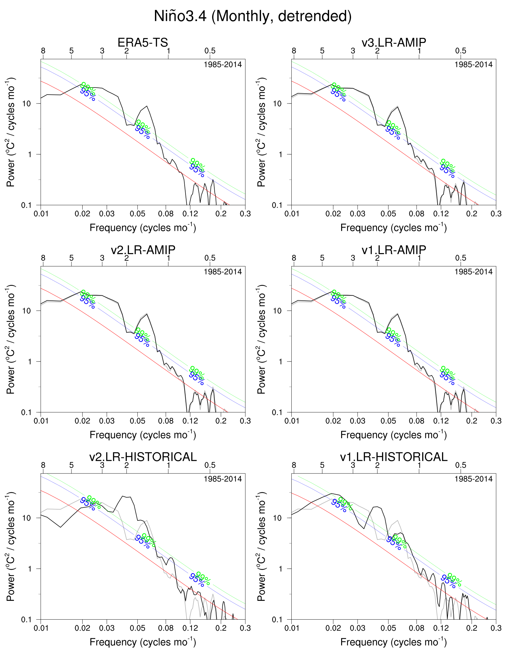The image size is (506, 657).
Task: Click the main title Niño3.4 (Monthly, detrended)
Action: [253, 16]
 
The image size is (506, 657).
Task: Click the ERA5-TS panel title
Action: [143, 42]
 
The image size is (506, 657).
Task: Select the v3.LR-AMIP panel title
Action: [394, 42]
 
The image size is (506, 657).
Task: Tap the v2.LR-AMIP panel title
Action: [143, 250]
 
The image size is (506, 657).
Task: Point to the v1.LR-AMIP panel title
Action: [394, 250]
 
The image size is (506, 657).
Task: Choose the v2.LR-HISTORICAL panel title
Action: [143, 457]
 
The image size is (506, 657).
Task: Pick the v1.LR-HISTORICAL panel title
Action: [394, 457]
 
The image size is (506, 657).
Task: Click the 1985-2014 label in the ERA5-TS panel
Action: [223, 65]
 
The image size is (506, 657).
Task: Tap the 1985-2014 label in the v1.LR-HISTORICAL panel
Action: [473, 479]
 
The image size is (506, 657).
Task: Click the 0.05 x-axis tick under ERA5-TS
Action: [137, 214]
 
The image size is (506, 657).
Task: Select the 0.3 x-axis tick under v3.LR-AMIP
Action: [496, 214]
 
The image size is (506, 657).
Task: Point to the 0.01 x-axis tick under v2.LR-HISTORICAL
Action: [41, 628]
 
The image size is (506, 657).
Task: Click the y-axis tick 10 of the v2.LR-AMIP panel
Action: [27, 311]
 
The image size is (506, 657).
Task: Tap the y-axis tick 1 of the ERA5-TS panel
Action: [30, 154]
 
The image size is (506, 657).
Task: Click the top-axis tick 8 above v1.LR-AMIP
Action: [294, 258]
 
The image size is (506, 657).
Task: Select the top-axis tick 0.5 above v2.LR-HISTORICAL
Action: [210, 465]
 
